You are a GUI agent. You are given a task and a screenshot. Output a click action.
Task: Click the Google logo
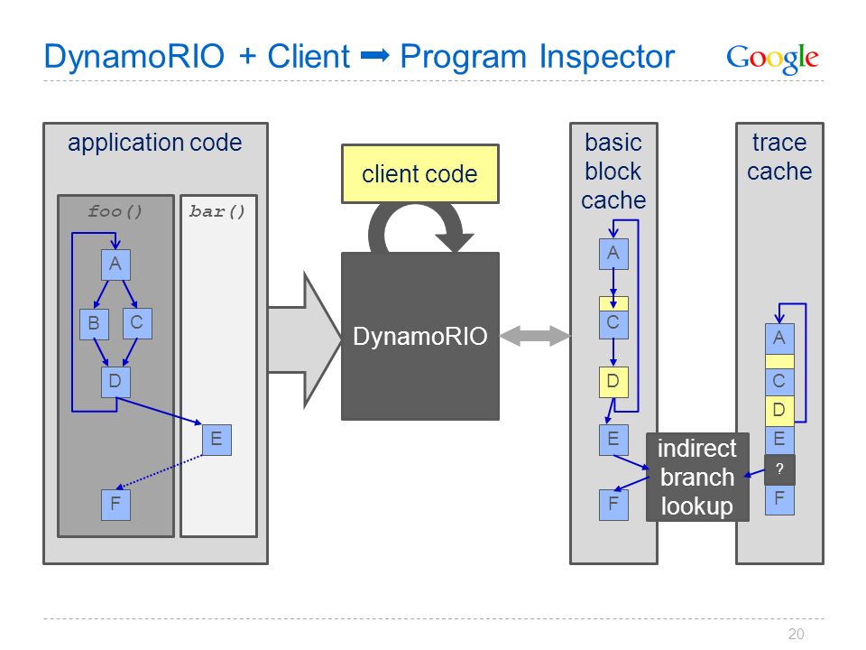(772, 58)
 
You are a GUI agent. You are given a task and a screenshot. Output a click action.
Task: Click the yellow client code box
(420, 174)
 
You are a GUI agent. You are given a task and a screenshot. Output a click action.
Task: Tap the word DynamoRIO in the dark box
(420, 336)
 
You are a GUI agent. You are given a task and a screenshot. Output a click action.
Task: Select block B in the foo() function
(94, 324)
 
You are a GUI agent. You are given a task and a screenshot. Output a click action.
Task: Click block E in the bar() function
(216, 440)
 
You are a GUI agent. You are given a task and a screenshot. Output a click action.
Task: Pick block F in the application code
(116, 505)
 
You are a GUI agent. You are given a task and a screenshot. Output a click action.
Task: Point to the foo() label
(115, 211)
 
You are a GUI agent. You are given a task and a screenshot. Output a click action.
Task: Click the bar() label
(217, 211)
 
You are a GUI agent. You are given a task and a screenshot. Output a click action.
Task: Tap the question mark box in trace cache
(779, 469)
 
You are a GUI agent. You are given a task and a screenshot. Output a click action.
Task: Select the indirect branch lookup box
(697, 477)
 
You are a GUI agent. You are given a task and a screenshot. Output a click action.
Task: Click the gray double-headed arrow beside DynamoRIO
(535, 336)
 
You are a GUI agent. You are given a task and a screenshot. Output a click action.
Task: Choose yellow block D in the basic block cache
(613, 382)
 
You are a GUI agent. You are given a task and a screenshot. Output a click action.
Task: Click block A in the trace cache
(779, 339)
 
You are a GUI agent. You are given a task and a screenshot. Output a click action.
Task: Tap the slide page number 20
(796, 634)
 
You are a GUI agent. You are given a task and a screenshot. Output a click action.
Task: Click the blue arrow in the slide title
(375, 56)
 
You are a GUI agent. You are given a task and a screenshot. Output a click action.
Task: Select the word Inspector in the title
(606, 57)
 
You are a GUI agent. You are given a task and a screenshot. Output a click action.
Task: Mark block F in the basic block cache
(613, 505)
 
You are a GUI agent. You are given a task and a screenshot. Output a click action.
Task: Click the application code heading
(154, 144)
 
